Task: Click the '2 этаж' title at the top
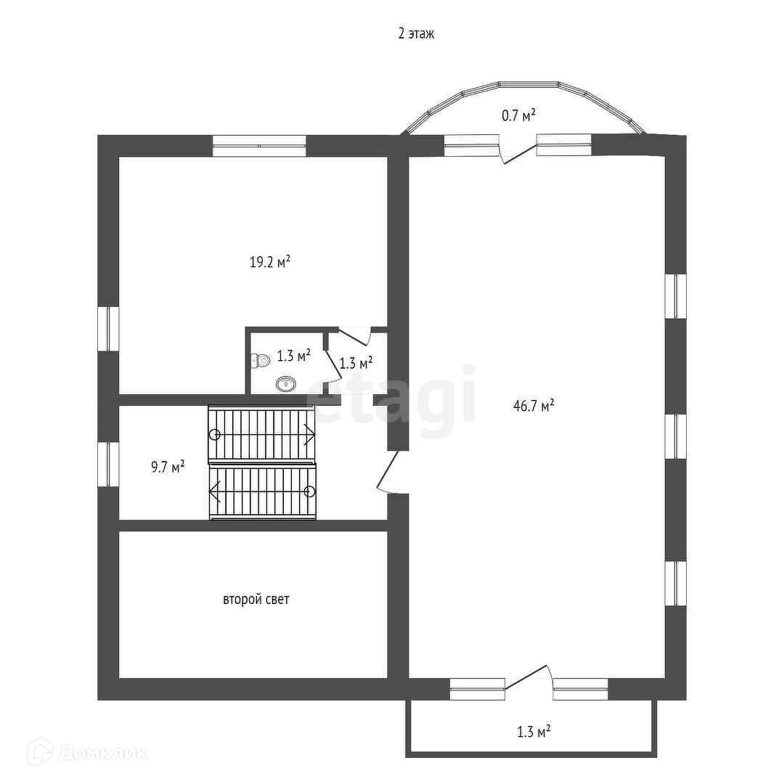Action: point(415,33)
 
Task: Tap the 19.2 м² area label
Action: point(270,262)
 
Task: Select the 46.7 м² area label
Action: point(534,406)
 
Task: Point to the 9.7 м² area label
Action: point(167,467)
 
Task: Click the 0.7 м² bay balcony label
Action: point(518,115)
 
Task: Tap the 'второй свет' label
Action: point(256,600)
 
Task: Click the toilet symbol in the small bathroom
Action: point(261,360)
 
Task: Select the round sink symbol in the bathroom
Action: point(285,383)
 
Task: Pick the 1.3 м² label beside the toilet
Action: point(293,356)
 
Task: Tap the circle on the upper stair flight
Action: point(215,435)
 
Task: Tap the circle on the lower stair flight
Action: point(310,491)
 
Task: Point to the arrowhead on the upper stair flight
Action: point(311,435)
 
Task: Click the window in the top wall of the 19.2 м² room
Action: point(259,146)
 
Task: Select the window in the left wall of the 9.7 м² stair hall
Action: point(108,465)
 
